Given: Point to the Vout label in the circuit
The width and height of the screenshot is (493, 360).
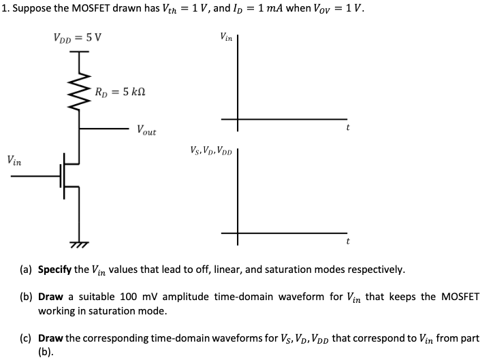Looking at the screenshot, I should tap(146, 129).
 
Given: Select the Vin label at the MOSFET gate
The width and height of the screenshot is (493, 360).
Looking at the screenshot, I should tap(14, 162).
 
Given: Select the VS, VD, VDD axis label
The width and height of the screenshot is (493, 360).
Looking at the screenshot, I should tap(211, 150).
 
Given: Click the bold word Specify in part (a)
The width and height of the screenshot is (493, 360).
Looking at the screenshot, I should tap(54, 269).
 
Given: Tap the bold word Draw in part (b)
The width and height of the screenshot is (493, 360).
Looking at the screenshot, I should tap(50, 297).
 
